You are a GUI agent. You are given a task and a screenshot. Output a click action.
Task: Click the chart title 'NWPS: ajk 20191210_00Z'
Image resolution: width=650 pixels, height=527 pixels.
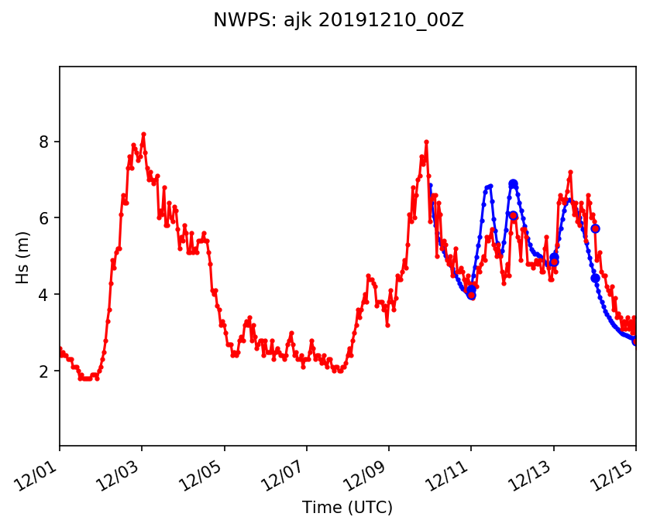(x=339, y=21)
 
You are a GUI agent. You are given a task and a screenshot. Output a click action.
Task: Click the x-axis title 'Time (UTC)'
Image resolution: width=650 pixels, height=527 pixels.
(x=347, y=508)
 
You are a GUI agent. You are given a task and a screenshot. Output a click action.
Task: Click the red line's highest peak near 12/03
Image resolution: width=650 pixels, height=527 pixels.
(x=143, y=134)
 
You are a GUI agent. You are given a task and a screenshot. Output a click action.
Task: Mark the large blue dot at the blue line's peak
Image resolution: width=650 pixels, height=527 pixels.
(x=513, y=184)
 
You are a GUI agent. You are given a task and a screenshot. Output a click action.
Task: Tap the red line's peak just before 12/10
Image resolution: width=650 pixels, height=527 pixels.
(x=426, y=142)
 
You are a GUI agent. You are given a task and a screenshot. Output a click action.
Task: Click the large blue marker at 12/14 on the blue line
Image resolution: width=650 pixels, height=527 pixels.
(x=595, y=278)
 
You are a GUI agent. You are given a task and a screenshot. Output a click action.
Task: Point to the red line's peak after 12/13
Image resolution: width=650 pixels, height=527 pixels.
(x=570, y=172)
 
